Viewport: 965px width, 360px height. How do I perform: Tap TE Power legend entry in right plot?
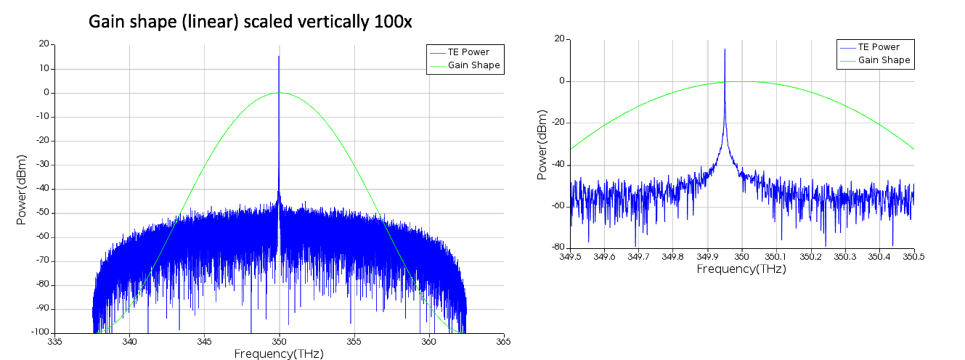[x=879, y=47]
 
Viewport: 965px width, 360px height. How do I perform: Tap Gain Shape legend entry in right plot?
[x=884, y=60]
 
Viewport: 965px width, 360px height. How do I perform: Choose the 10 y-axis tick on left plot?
[x=44, y=68]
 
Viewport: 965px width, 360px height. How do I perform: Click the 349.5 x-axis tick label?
[x=570, y=257]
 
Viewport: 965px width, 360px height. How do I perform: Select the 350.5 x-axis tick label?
[x=913, y=257]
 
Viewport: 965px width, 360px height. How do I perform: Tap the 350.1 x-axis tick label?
[x=776, y=257]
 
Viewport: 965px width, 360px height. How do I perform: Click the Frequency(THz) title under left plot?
[x=278, y=353]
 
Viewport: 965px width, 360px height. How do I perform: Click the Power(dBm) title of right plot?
[x=542, y=145]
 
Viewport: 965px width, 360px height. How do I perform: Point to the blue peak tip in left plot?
[x=279, y=57]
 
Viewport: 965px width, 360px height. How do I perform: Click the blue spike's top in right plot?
[x=725, y=49]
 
